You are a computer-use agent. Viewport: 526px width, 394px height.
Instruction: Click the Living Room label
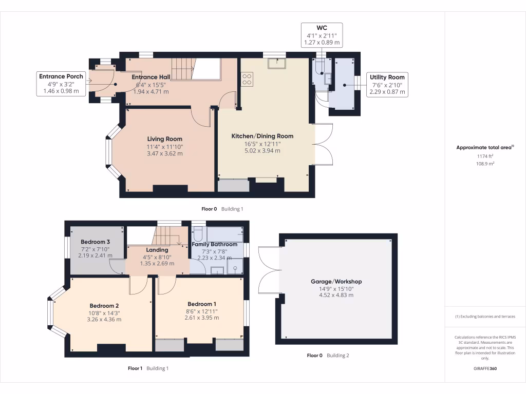pos(165,139)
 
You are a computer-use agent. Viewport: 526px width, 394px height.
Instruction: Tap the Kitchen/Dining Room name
pos(262,136)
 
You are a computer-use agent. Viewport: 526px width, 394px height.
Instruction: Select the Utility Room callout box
pos(387,85)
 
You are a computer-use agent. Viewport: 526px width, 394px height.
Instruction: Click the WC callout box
pos(322,35)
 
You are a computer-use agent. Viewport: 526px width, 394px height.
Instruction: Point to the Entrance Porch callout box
pos(61,84)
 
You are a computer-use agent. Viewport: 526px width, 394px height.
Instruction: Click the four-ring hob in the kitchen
pos(247,80)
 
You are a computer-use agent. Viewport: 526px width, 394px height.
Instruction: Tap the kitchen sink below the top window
pos(277,63)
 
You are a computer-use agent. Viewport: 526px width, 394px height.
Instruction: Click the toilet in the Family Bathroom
pos(198,234)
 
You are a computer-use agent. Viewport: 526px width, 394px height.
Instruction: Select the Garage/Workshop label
pos(336,282)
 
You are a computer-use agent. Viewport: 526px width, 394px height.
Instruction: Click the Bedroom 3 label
pos(95,242)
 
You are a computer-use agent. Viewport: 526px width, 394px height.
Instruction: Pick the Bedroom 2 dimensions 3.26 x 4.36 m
pos(104,319)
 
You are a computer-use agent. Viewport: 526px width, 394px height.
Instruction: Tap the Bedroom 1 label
pos(201,304)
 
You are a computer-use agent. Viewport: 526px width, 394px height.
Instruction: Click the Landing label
pos(157,250)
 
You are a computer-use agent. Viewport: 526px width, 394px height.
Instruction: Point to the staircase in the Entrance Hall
pos(183,69)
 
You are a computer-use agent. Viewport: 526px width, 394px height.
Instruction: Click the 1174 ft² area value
pos(485,156)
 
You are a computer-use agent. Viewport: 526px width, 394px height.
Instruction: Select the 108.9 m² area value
pos(485,164)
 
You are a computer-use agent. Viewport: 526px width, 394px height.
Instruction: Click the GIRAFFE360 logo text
pos(485,368)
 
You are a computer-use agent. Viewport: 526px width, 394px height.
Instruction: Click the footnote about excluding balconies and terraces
pos(485,316)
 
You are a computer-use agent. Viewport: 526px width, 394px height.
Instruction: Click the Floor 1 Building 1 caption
pos(148,368)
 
